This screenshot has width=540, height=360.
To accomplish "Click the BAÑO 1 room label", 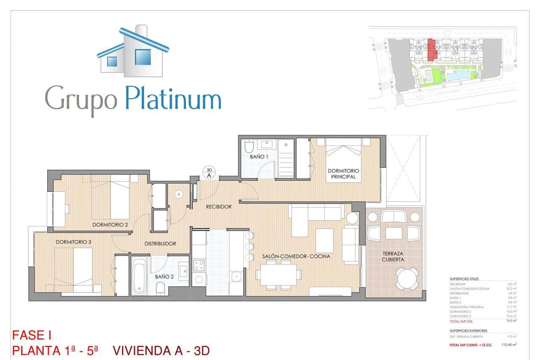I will pos(259,157).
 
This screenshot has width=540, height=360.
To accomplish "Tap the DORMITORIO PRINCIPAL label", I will pos(343,174).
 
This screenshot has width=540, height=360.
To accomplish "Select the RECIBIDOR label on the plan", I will pos(219,207).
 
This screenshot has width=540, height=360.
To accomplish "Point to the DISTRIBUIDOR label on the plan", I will pos(160,244).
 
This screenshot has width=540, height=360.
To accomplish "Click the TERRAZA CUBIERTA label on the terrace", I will pos(394,257).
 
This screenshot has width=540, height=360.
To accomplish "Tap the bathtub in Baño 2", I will pos(139,276).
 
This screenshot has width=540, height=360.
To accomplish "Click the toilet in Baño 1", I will pos(248,146).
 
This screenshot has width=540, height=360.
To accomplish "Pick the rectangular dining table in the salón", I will pos(278,275).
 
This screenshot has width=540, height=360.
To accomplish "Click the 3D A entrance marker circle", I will pos(209,173).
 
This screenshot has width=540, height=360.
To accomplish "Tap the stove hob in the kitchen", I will pos(198,265).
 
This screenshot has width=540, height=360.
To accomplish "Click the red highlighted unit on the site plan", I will pos(431,50).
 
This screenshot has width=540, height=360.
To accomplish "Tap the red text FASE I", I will pos(32,336).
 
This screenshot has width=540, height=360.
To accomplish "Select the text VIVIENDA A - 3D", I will pos(161,351).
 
